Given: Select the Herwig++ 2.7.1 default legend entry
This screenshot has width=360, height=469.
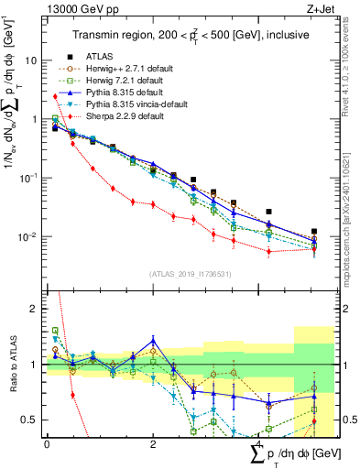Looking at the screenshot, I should [x=124, y=68].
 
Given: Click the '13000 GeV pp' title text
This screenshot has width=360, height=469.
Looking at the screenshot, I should [x=78, y=8].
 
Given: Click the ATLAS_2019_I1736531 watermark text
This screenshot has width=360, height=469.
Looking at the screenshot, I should [x=184, y=273].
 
